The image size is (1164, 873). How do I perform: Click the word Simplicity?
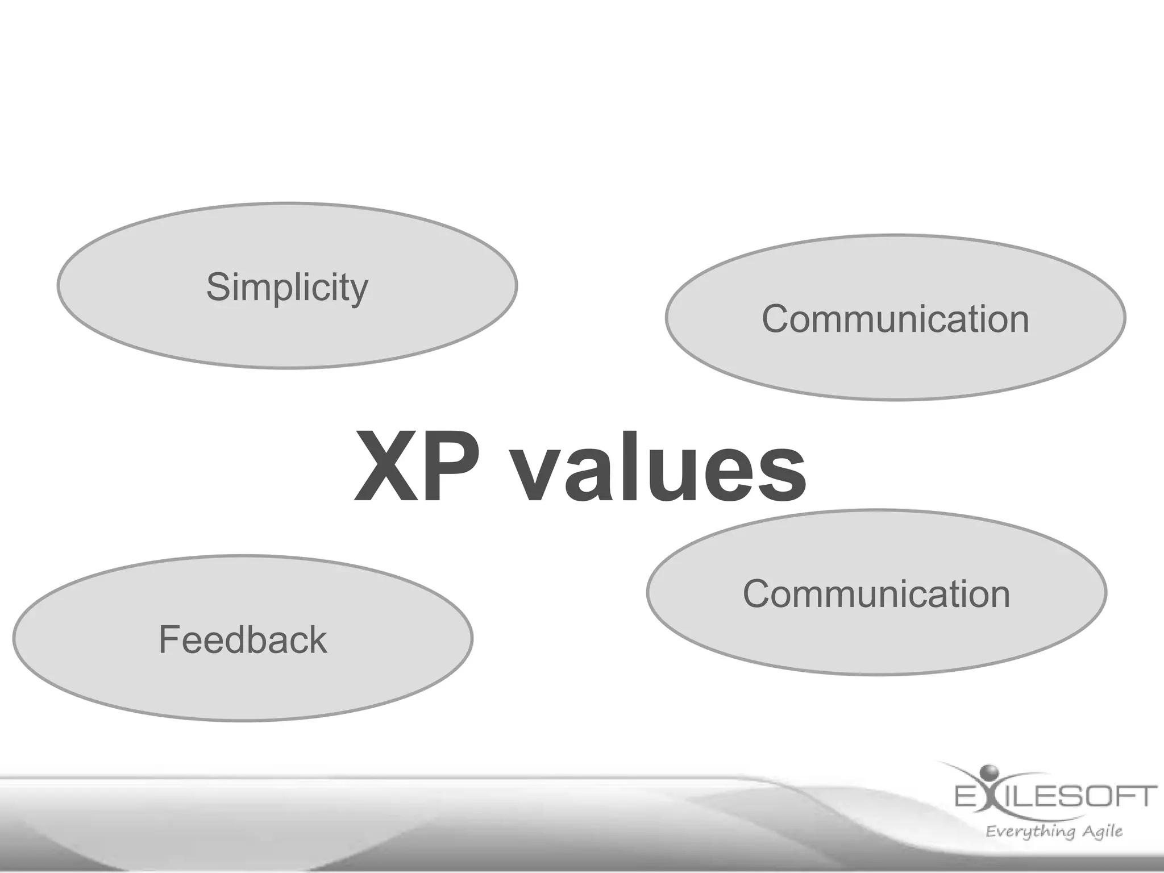tap(287, 287)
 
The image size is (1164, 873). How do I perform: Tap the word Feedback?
tap(243, 639)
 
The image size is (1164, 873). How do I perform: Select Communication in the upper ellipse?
tap(895, 319)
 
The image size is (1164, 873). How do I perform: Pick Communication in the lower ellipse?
tap(876, 594)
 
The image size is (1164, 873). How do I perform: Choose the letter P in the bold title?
tap(452, 467)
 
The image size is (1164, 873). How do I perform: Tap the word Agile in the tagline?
tap(1102, 832)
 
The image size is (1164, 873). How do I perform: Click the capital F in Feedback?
tap(169, 639)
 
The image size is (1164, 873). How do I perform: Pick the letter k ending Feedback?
tap(318, 639)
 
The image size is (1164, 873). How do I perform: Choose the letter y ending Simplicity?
tap(359, 291)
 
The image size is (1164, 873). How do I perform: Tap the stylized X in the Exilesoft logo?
tap(988, 796)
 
